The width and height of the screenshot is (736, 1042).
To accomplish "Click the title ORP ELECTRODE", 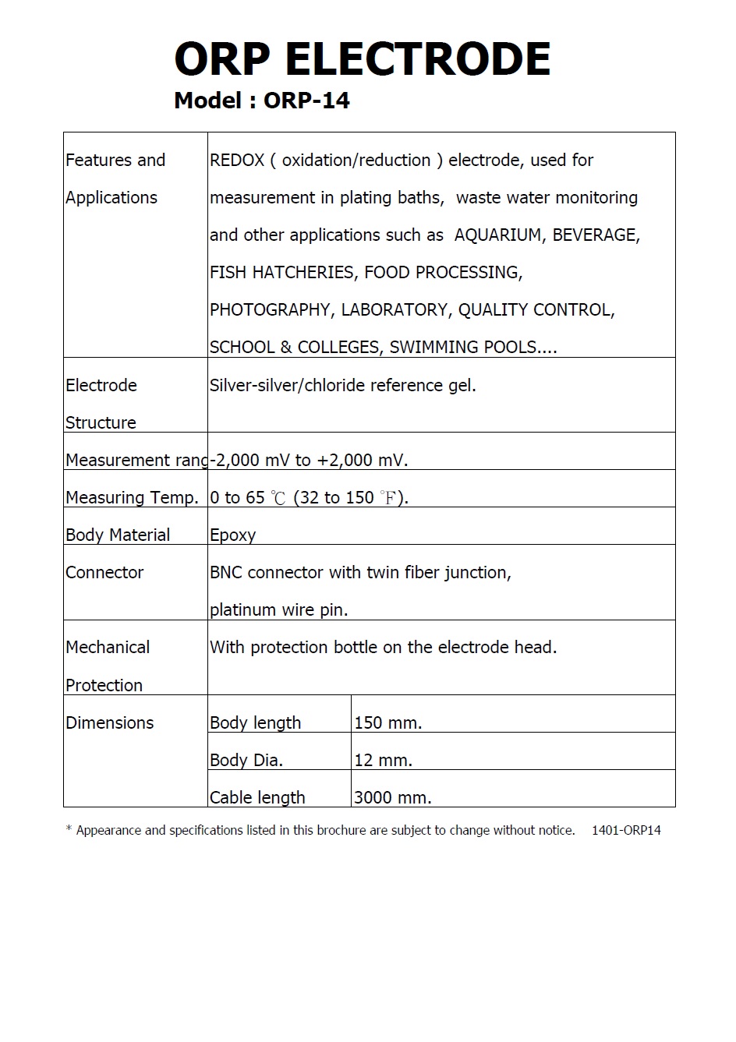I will point(363,59).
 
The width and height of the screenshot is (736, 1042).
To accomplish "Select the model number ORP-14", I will point(306,101).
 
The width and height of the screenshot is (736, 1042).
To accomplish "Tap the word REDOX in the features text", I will point(237,161).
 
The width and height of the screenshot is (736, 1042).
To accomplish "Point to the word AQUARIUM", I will point(498,235).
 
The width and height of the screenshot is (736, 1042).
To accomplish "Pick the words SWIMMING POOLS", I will point(462,348).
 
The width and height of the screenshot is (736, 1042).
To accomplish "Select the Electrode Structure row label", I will point(101,404).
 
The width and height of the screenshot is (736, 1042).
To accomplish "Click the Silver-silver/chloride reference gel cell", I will point(342,385).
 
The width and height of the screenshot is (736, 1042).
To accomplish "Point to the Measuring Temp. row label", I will point(132,497).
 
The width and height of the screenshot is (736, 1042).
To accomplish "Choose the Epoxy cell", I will point(232,535).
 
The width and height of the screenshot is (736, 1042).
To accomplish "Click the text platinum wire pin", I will point(278,610).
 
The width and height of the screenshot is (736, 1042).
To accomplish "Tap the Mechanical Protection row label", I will point(107,666).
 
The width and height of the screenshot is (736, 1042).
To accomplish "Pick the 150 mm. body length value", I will point(387,722).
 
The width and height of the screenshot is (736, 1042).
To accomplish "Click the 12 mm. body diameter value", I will point(383,760).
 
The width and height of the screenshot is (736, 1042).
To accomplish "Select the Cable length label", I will point(257,797).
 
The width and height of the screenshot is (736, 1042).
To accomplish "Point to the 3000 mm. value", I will point(392,797).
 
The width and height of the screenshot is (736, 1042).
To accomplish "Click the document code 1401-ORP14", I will point(626,831).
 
